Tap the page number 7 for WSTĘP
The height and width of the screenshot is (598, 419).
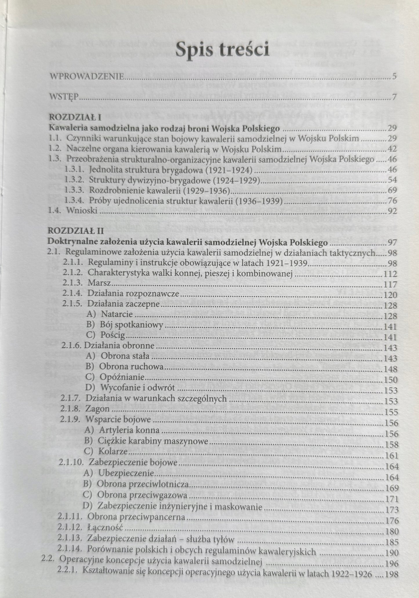tap(394, 97)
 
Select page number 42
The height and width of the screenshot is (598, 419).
tap(392, 149)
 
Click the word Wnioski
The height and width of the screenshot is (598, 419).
tap(82, 210)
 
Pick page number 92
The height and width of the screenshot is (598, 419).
tap(392, 211)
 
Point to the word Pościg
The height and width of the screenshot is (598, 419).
tap(113, 335)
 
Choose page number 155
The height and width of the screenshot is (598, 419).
tap(391, 412)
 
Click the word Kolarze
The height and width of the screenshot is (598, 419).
tap(113, 451)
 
